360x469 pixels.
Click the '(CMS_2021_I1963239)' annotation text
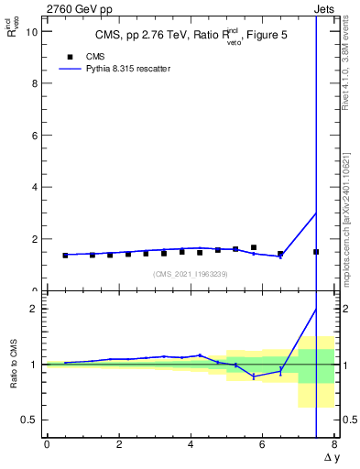pos(191,274)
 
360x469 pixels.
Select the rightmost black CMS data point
pos(316,252)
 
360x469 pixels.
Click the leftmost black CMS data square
pos(65,256)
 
